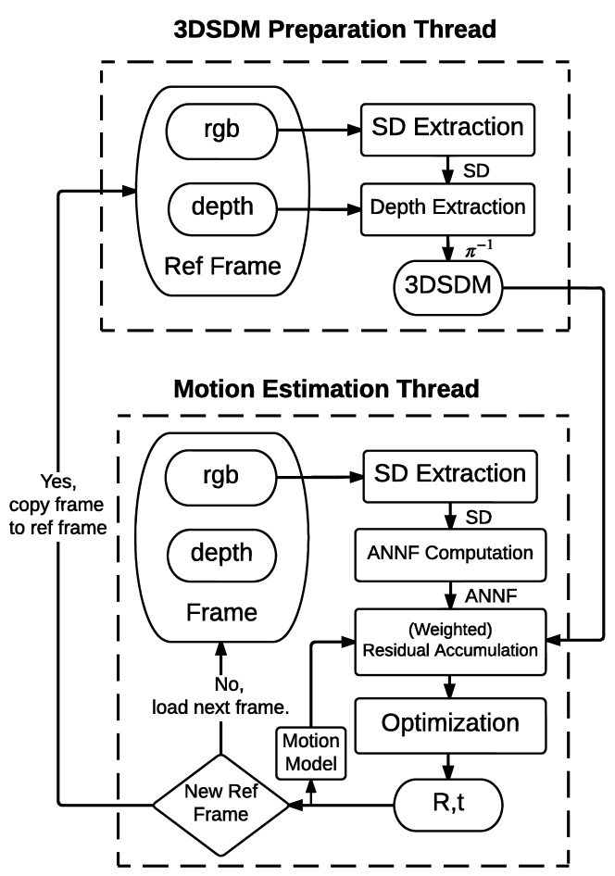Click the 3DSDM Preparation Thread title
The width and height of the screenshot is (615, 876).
tap(334, 29)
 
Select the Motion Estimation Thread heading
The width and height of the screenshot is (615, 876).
tap(326, 388)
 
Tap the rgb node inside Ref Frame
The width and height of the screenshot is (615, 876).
tap(221, 131)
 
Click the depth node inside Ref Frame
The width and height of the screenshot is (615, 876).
tap(222, 207)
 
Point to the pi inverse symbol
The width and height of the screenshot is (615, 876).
tap(478, 248)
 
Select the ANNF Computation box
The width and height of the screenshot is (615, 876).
tap(450, 554)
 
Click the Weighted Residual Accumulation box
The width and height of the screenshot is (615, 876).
tap(450, 642)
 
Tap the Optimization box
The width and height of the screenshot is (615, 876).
tap(450, 725)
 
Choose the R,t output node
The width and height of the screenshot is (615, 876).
tap(448, 805)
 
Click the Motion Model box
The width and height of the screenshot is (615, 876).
tap(311, 753)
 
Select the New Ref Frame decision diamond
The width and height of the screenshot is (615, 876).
tap(221, 805)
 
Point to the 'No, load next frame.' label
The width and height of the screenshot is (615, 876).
tap(220, 696)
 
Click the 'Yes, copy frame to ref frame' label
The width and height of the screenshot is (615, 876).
tap(57, 505)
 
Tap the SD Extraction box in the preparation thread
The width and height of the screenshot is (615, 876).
tap(447, 129)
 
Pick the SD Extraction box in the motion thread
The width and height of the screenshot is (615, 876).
tap(450, 476)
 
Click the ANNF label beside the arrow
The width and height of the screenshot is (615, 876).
tap(491, 596)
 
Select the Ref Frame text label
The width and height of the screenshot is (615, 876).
tap(222, 267)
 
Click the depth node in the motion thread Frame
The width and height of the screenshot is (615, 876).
tap(221, 554)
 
